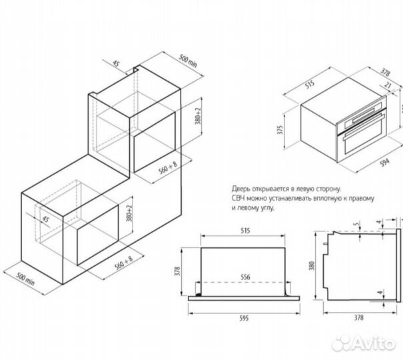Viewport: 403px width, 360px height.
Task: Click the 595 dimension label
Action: coord(244,319)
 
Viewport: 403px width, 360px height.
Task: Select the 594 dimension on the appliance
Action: coord(384,163)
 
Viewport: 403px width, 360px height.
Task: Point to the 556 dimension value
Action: coord(245,277)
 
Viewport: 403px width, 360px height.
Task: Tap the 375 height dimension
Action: coord(280,129)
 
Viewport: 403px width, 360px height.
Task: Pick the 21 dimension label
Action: coord(388,85)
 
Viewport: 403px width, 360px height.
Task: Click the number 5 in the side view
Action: coord(356,224)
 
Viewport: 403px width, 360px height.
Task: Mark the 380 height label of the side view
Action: coord(312,266)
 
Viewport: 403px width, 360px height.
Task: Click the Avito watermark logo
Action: coord(364,343)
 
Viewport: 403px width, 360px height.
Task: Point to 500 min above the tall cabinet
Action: coord(188,61)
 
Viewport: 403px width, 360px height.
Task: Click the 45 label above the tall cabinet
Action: coord(116,63)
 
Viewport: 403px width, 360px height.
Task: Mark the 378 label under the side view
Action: coord(359,317)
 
